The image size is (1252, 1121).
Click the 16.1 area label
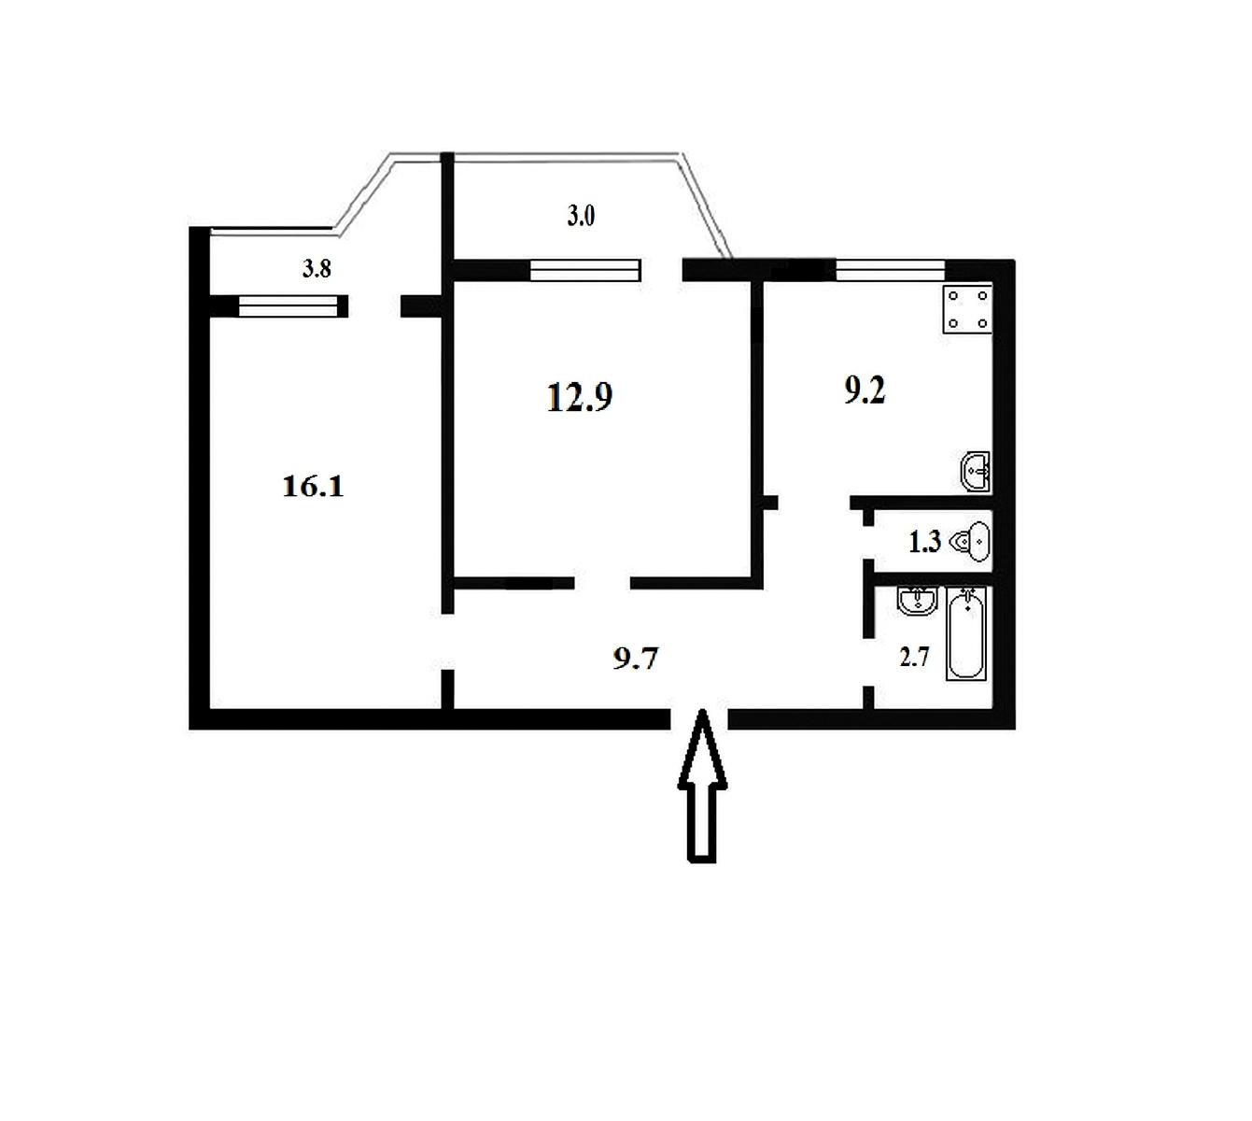tap(313, 487)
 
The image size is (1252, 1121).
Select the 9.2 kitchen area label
tap(865, 390)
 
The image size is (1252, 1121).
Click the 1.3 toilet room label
tap(924, 542)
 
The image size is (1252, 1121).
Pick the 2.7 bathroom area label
tap(914, 657)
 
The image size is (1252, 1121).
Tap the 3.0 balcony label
tap(581, 217)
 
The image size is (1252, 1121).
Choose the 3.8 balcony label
tap(317, 268)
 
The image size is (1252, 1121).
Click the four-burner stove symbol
tap(967, 309)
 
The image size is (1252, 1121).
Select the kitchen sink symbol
tap(976, 472)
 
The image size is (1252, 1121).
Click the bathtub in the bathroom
tap(966, 633)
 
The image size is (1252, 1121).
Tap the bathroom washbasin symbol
tap(917, 601)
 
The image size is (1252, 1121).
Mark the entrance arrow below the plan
tap(701, 786)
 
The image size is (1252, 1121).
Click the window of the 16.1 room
tap(288, 306)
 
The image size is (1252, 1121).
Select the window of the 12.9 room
tap(585, 270)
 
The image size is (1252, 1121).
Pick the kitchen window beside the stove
tap(891, 270)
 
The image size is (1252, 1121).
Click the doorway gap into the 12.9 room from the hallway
tap(602, 582)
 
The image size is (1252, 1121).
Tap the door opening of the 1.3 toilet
tap(868, 542)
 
